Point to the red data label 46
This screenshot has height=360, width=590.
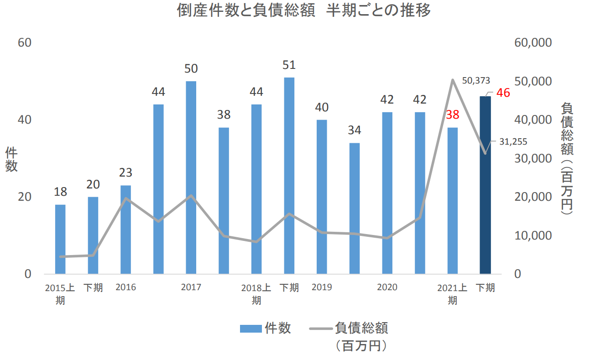pos(503,93)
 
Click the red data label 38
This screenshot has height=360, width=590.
pos(452,115)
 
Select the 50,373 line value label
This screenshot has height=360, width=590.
pos(475,81)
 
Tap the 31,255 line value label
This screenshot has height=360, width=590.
pos(513,142)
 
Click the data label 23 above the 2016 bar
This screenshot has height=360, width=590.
pos(125,173)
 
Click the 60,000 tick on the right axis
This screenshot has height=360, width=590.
pos(533,42)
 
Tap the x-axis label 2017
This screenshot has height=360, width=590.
pos(191,287)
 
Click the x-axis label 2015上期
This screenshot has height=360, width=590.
pos(60,294)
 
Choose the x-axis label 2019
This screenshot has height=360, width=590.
pos(322,287)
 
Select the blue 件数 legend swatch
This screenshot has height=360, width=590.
pos(251,329)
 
